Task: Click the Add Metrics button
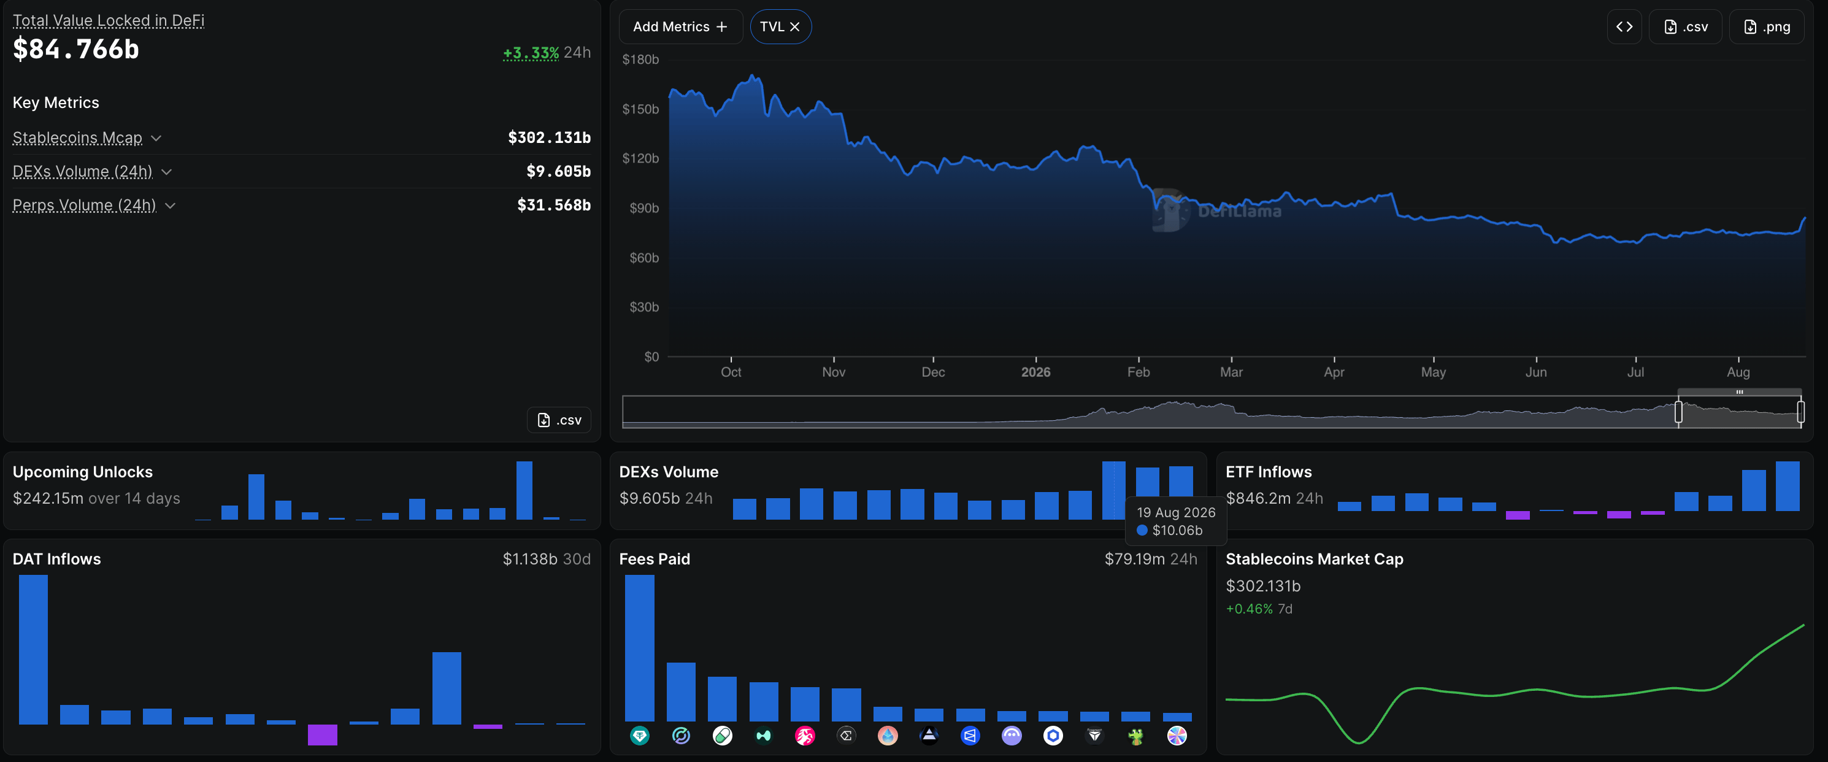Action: (680, 27)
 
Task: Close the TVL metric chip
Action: (795, 27)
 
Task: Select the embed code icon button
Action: (1624, 27)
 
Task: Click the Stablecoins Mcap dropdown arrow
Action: (156, 137)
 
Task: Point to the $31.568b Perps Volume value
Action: (553, 205)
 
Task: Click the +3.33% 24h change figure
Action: (531, 53)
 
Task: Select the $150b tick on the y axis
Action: (640, 109)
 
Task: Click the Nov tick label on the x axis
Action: (833, 372)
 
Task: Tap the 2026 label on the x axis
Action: (1035, 372)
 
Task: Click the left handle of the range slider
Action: (1678, 412)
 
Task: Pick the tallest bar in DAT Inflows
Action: (33, 649)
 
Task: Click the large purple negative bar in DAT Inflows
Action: (322, 734)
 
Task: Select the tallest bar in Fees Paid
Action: (639, 648)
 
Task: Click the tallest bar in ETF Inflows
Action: (1787, 486)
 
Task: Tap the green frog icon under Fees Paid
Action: (1135, 736)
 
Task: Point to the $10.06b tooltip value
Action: (1177, 530)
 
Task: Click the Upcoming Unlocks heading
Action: (82, 472)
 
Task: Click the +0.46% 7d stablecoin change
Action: (1259, 609)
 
